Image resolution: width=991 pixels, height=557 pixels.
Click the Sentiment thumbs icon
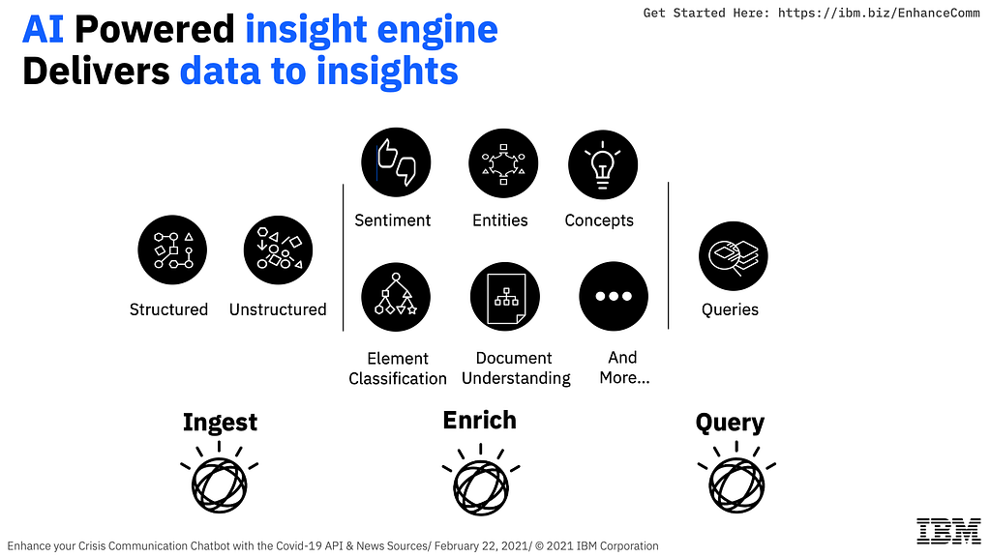click(x=396, y=162)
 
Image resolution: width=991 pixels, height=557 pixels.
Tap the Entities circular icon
click(x=503, y=163)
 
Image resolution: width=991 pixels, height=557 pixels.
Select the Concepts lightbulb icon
click(x=603, y=164)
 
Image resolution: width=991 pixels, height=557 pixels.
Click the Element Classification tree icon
click(x=396, y=297)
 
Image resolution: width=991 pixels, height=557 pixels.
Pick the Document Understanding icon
click(x=505, y=296)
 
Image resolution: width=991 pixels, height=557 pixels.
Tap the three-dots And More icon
click(x=614, y=296)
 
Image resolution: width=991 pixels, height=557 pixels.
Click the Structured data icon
click(x=172, y=250)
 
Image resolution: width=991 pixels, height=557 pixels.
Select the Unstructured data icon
click(x=278, y=250)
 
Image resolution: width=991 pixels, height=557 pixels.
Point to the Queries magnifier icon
click(x=734, y=255)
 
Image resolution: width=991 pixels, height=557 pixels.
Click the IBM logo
click(x=948, y=531)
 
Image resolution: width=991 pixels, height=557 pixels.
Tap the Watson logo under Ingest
click(x=220, y=478)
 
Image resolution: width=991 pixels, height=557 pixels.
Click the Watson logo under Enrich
click(x=481, y=480)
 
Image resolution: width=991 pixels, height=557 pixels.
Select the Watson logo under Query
click(x=736, y=478)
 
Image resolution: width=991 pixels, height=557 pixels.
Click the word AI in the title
click(x=43, y=30)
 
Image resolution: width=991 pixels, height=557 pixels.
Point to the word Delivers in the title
click(x=96, y=71)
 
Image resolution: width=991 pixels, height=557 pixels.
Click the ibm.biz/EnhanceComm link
click(x=879, y=13)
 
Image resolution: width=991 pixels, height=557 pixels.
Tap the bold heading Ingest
click(x=220, y=423)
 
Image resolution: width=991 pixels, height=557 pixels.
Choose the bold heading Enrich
click(x=480, y=420)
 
